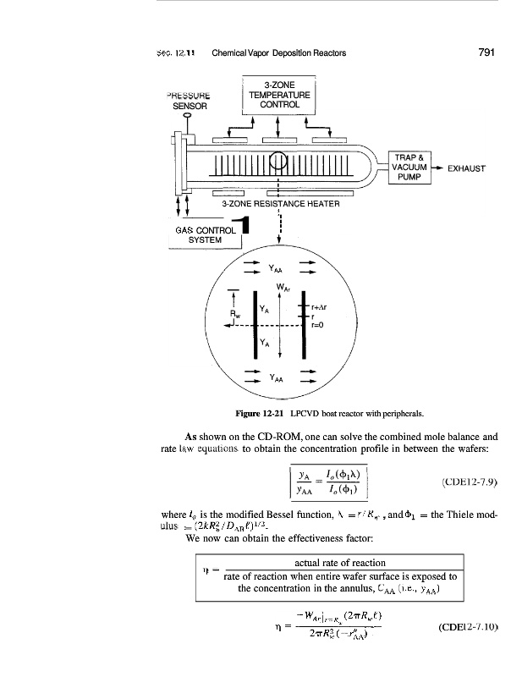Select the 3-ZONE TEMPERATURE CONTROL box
pyautogui.click(x=278, y=96)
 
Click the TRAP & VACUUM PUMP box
pyautogui.click(x=409, y=167)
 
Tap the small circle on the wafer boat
pyautogui.click(x=278, y=160)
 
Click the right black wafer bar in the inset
pyautogui.click(x=304, y=324)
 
